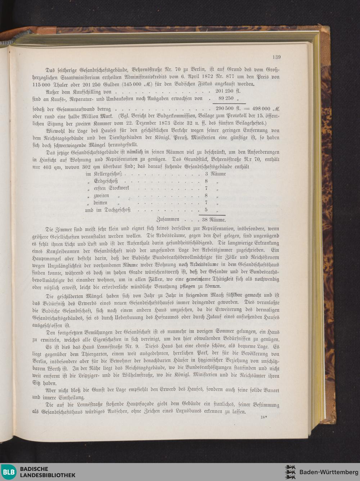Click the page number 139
[x=276, y=57]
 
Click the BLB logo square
[x=9, y=472]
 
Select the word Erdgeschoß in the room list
[x=106, y=181]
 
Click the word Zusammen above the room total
[x=168, y=219]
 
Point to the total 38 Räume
[x=214, y=219]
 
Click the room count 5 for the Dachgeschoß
[x=206, y=210]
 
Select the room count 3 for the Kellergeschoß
[x=206, y=174]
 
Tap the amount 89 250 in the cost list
[x=226, y=98]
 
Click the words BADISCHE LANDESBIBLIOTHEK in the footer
[x=48, y=472]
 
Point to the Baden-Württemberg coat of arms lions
[x=290, y=472]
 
